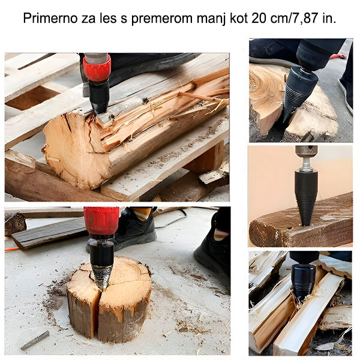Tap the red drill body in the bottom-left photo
101,220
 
